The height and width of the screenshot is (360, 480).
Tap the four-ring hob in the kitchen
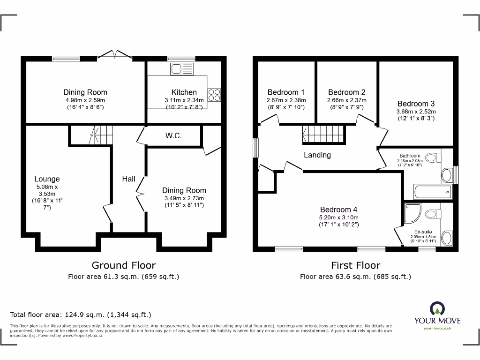[214, 95]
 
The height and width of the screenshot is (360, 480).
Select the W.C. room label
[173, 136]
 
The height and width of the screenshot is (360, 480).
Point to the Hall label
[129, 179]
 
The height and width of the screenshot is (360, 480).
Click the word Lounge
[47, 179]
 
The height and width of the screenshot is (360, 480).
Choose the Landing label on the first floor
[317, 155]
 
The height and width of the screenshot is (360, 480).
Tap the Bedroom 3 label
[416, 104]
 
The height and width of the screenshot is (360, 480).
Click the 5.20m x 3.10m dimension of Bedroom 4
[339, 217]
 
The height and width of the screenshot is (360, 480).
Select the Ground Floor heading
[124, 265]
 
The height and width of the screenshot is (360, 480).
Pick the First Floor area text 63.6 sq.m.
[355, 277]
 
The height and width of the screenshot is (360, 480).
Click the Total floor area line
[81, 315]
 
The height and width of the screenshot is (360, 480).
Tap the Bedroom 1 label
[286, 92]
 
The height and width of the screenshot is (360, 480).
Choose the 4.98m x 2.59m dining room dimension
[85, 100]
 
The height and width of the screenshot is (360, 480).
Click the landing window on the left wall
[255, 148]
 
